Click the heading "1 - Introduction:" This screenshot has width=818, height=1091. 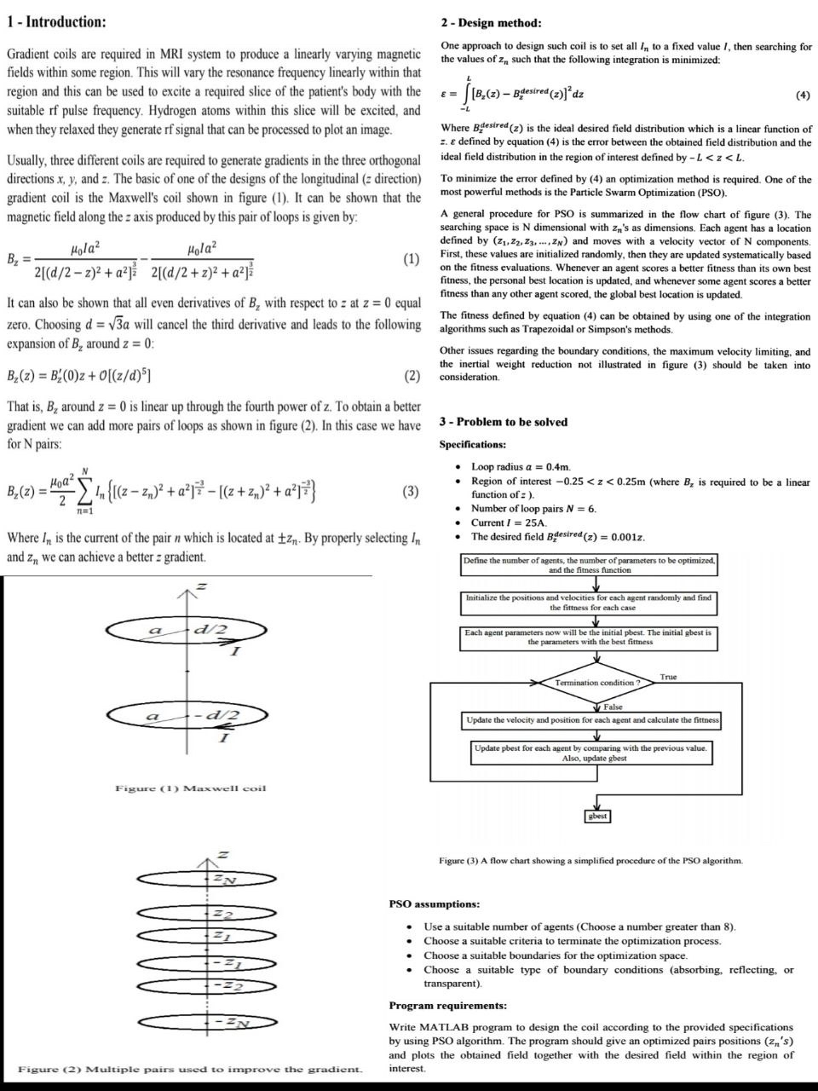click(x=57, y=21)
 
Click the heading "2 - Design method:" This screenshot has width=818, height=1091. click(x=491, y=23)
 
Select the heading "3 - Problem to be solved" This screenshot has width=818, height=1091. click(x=503, y=422)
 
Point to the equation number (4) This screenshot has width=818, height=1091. click(x=802, y=95)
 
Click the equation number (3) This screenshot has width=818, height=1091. click(x=411, y=491)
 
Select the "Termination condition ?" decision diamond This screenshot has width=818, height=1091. click(x=596, y=683)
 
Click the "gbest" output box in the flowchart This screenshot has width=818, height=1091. click(x=598, y=816)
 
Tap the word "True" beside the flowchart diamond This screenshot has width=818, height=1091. click(x=668, y=677)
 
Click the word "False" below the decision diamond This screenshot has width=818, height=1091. click(x=612, y=707)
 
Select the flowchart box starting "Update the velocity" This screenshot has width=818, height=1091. click(x=592, y=720)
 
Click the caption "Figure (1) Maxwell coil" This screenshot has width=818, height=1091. click(x=191, y=788)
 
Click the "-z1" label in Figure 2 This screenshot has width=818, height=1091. click(x=226, y=964)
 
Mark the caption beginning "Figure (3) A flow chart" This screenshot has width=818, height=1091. click(x=590, y=861)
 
